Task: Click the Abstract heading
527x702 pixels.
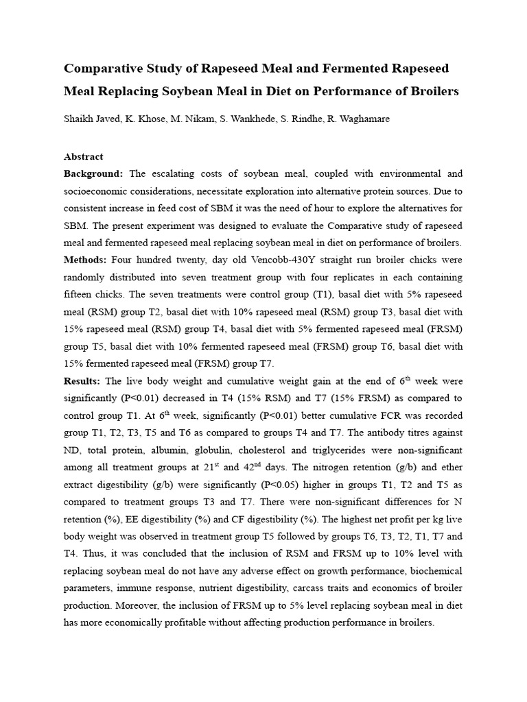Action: (83, 156)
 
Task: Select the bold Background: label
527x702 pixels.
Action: (94, 173)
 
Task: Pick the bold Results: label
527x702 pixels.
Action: (83, 380)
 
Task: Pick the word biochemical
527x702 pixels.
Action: (432, 570)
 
